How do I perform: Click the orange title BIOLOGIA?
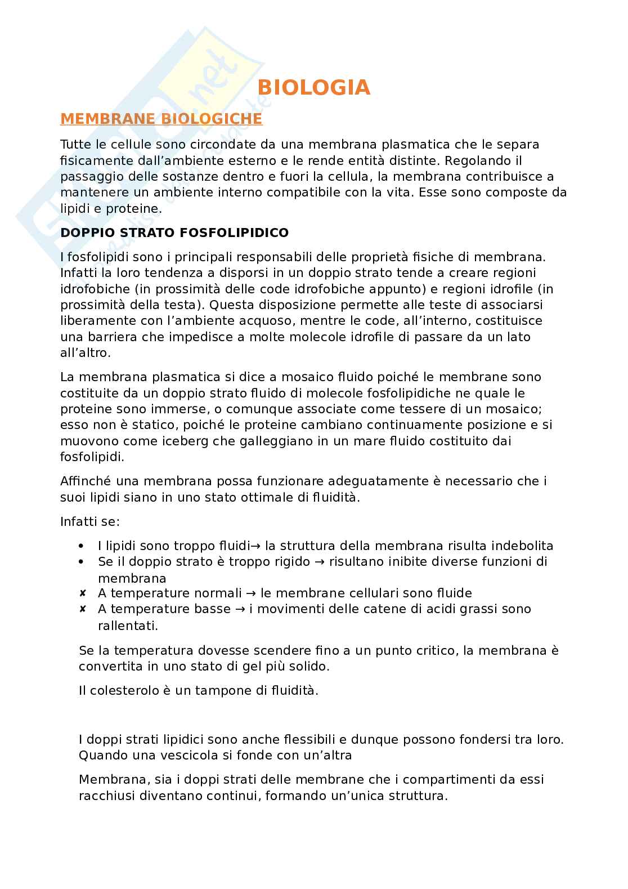click(x=314, y=87)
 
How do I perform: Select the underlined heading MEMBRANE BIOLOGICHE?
click(x=161, y=119)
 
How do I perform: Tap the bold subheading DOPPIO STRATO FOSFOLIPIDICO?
click(x=174, y=233)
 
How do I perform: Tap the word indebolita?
click(x=522, y=546)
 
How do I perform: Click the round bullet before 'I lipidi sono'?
click(x=83, y=546)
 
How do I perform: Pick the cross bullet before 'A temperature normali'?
click(x=83, y=593)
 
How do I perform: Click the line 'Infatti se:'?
click(x=89, y=521)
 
